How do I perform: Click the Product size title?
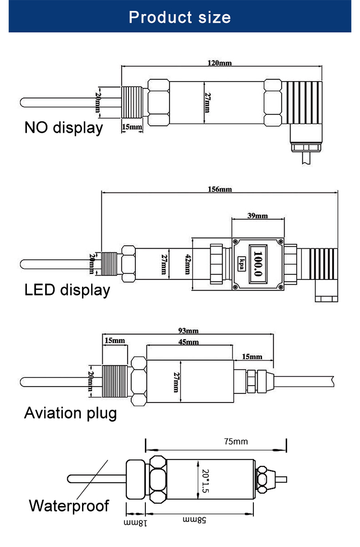pos(180,18)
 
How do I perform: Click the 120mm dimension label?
pos(219,63)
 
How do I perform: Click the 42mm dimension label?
pos(188,264)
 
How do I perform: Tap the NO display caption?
pos(63,128)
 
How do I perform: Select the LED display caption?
pos(67,290)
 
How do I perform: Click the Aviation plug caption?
pos(71,413)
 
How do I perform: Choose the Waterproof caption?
pos(69,506)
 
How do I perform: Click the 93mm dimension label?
pos(188,331)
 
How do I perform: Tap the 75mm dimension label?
pos(236,441)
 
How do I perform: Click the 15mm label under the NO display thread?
pos(132,127)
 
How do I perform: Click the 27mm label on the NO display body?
pos(207,102)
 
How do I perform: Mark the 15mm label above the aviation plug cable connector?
pos(252,356)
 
